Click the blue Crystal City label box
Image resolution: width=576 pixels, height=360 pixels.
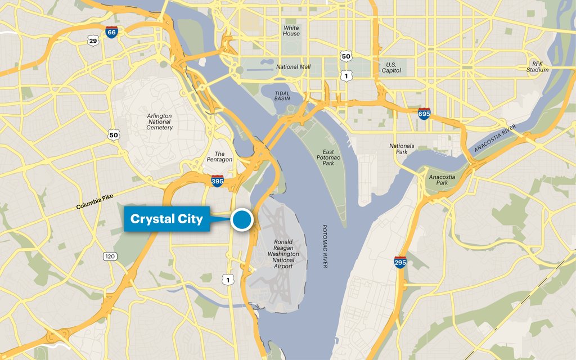click(166, 219)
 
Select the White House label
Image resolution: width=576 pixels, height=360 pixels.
click(291, 30)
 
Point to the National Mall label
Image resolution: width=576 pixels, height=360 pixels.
click(293, 67)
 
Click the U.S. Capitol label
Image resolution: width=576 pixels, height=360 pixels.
click(391, 67)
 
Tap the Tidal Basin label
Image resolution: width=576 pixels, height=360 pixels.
click(282, 96)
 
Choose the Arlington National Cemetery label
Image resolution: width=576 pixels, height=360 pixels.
click(159, 121)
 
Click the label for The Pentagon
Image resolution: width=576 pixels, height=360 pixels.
click(219, 156)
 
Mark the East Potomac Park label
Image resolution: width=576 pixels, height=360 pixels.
click(328, 157)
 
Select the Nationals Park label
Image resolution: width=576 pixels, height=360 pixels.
click(402, 149)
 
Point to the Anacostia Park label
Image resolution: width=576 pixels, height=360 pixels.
click(442, 180)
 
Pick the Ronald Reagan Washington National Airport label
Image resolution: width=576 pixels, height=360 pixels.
click(283, 254)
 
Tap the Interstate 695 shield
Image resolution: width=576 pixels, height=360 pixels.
click(424, 114)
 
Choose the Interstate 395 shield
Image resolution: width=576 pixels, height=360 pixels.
click(217, 181)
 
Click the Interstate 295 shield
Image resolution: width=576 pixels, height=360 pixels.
click(400, 262)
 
